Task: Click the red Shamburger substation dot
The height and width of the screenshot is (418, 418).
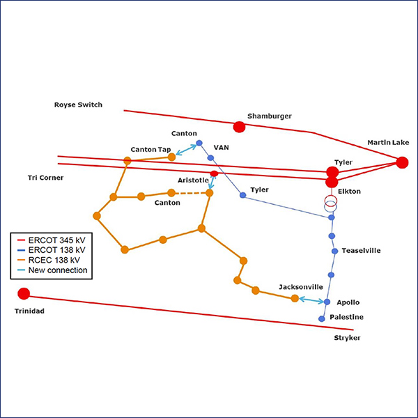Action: (239, 127)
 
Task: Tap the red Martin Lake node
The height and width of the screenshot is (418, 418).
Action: (402, 162)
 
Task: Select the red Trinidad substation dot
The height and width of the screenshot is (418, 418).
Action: (24, 293)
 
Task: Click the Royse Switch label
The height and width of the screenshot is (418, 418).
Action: (78, 105)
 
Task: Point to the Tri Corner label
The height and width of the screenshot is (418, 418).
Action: (41, 178)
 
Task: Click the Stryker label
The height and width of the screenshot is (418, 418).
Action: (348, 339)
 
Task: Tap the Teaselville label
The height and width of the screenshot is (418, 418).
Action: (362, 251)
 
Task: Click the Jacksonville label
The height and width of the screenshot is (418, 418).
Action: (300, 287)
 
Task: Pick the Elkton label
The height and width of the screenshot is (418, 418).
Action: (349, 192)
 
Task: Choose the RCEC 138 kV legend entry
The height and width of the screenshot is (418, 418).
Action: (59, 260)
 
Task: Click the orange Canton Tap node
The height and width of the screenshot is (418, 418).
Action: (171, 157)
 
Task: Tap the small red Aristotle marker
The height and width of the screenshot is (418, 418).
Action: (214, 174)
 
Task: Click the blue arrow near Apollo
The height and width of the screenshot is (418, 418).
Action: (311, 300)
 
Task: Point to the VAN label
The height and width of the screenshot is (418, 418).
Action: (221, 148)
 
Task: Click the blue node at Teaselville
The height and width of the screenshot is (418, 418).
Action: (334, 251)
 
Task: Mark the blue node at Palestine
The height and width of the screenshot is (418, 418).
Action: (322, 318)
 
